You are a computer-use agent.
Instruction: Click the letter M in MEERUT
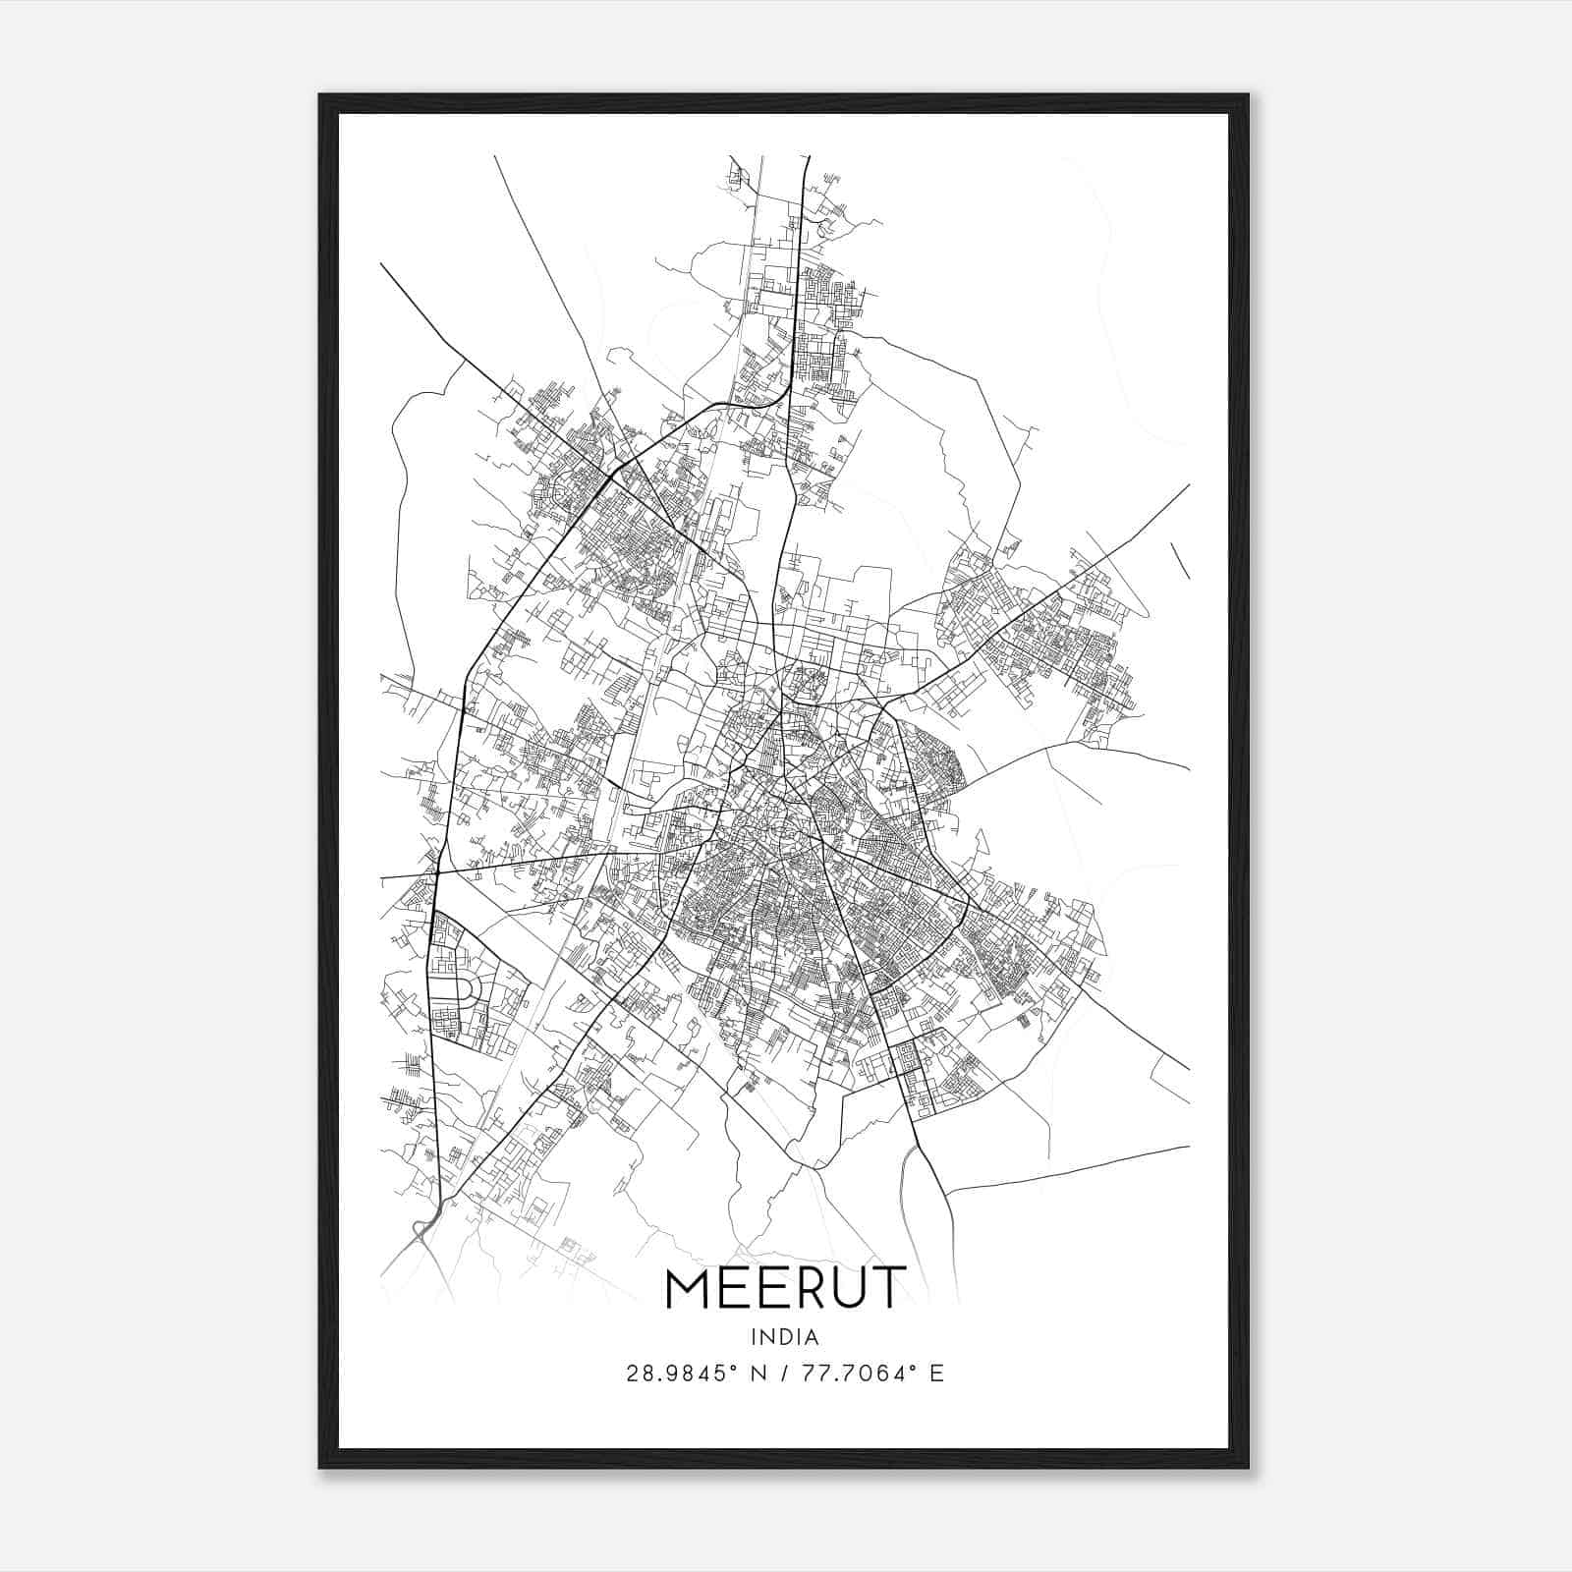(691, 1288)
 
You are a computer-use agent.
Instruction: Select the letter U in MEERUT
(845, 1288)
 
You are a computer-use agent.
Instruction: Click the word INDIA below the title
(784, 1337)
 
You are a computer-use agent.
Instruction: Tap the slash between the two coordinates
(780, 1374)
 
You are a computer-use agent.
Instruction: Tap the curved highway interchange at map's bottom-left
(423, 1227)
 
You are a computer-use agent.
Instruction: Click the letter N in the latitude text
(758, 1374)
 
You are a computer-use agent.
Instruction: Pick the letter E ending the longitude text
(937, 1374)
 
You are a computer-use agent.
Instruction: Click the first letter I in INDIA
(753, 1337)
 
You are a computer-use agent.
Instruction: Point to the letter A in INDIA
(814, 1337)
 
